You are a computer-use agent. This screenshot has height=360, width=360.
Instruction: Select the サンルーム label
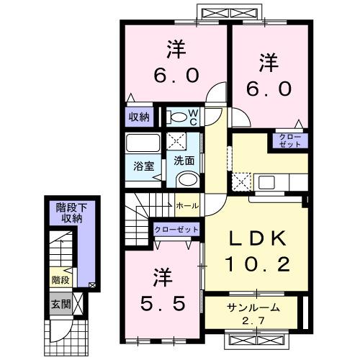[250, 307]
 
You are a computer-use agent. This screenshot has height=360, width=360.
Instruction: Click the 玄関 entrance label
[60, 305]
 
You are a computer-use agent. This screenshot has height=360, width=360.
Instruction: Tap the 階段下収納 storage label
[70, 212]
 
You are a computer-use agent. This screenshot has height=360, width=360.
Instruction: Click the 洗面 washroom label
[184, 161]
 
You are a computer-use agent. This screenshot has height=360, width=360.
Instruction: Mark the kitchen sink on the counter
[264, 181]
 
